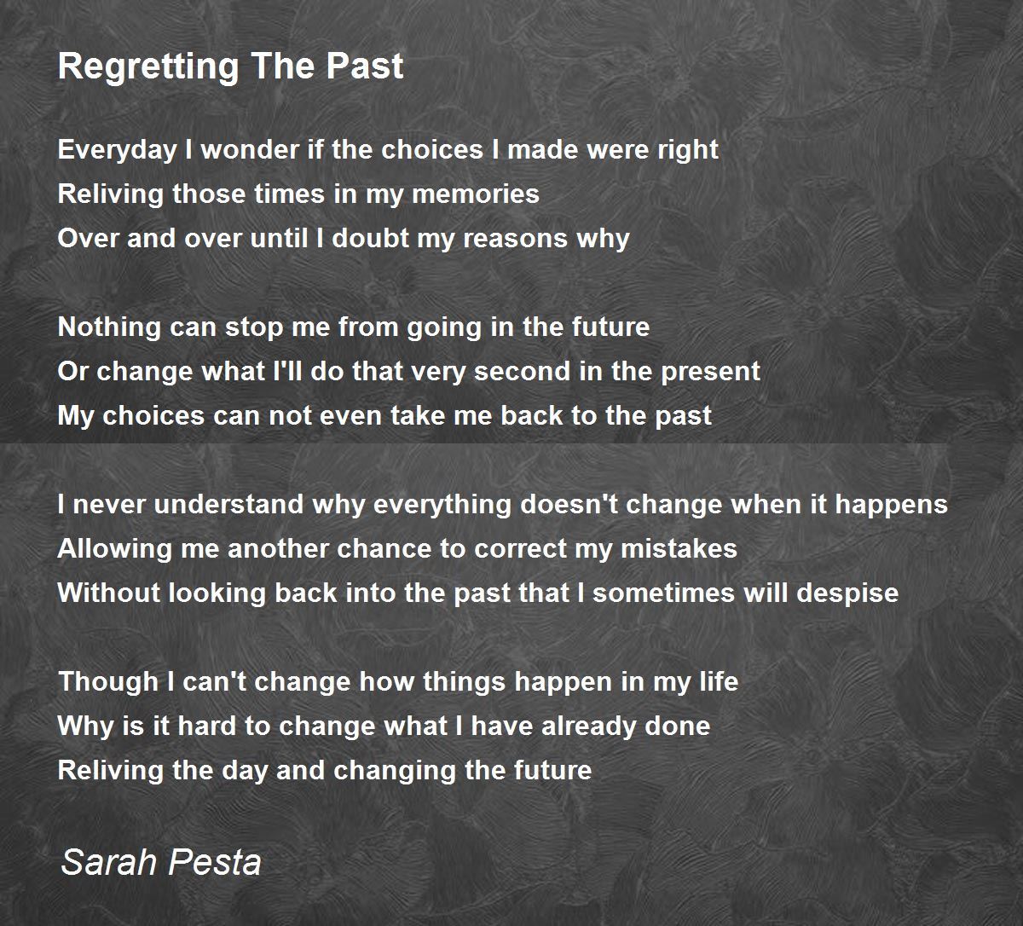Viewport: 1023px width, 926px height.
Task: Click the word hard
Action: point(183,726)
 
